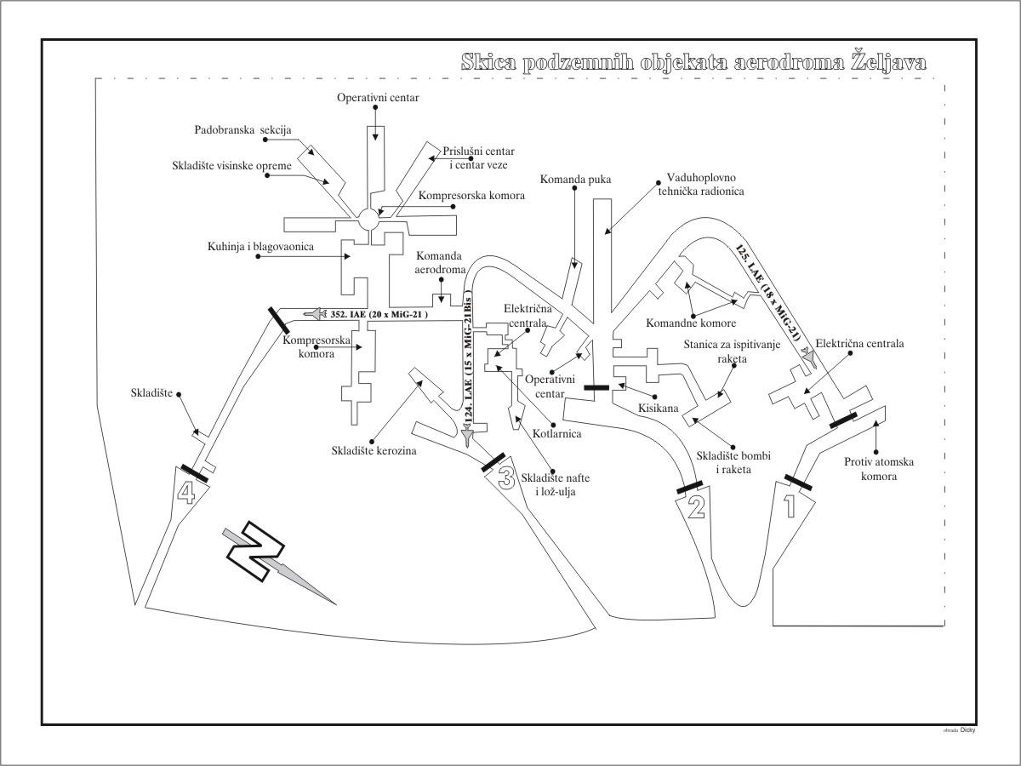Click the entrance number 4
[185, 491]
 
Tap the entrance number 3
[505, 479]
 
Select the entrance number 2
[696, 508]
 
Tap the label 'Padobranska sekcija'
[242, 130]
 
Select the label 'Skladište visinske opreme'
[231, 165]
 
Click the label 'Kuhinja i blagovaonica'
[260, 247]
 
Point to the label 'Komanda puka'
[575, 180]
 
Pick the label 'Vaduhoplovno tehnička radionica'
[705, 186]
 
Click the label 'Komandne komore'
[691, 323]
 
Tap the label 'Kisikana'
[659, 409]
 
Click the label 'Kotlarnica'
[558, 434]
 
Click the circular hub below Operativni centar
[368, 219]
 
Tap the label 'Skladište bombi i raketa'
[723, 462]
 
